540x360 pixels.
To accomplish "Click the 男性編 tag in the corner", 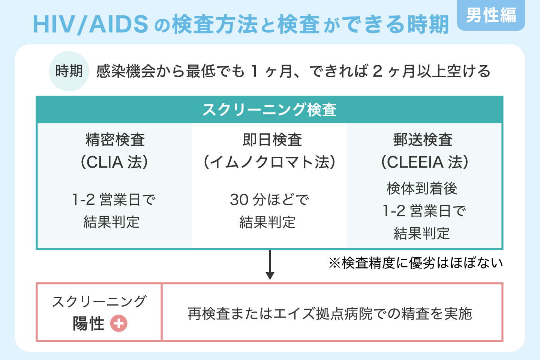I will [x=491, y=16].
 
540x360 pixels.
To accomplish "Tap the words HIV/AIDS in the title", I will [x=91, y=24].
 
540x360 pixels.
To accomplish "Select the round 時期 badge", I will [x=69, y=71].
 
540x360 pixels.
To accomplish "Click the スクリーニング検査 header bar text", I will [x=269, y=109].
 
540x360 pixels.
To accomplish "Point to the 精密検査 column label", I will [x=115, y=140].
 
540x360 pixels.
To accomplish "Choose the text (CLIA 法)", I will [x=115, y=162].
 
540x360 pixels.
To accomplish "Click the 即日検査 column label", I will [x=272, y=140].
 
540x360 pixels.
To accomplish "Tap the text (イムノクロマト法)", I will [x=269, y=162].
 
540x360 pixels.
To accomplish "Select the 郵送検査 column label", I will [x=423, y=140].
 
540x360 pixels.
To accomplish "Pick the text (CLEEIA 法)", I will [x=425, y=162].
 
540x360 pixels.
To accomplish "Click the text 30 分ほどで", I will [x=269, y=199].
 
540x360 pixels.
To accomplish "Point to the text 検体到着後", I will [x=422, y=188].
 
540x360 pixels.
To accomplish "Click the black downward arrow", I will [x=270, y=265].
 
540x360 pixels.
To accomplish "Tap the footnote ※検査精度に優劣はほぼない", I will [x=415, y=263].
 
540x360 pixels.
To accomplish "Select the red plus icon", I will [x=118, y=323].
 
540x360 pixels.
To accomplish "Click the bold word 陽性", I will [x=88, y=323].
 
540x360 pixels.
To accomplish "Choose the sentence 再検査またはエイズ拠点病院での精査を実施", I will [x=329, y=313].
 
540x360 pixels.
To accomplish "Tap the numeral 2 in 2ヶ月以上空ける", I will [x=377, y=71].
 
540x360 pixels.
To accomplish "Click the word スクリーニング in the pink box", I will [x=99, y=301].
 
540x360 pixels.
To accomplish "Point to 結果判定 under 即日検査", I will [x=267, y=222].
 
